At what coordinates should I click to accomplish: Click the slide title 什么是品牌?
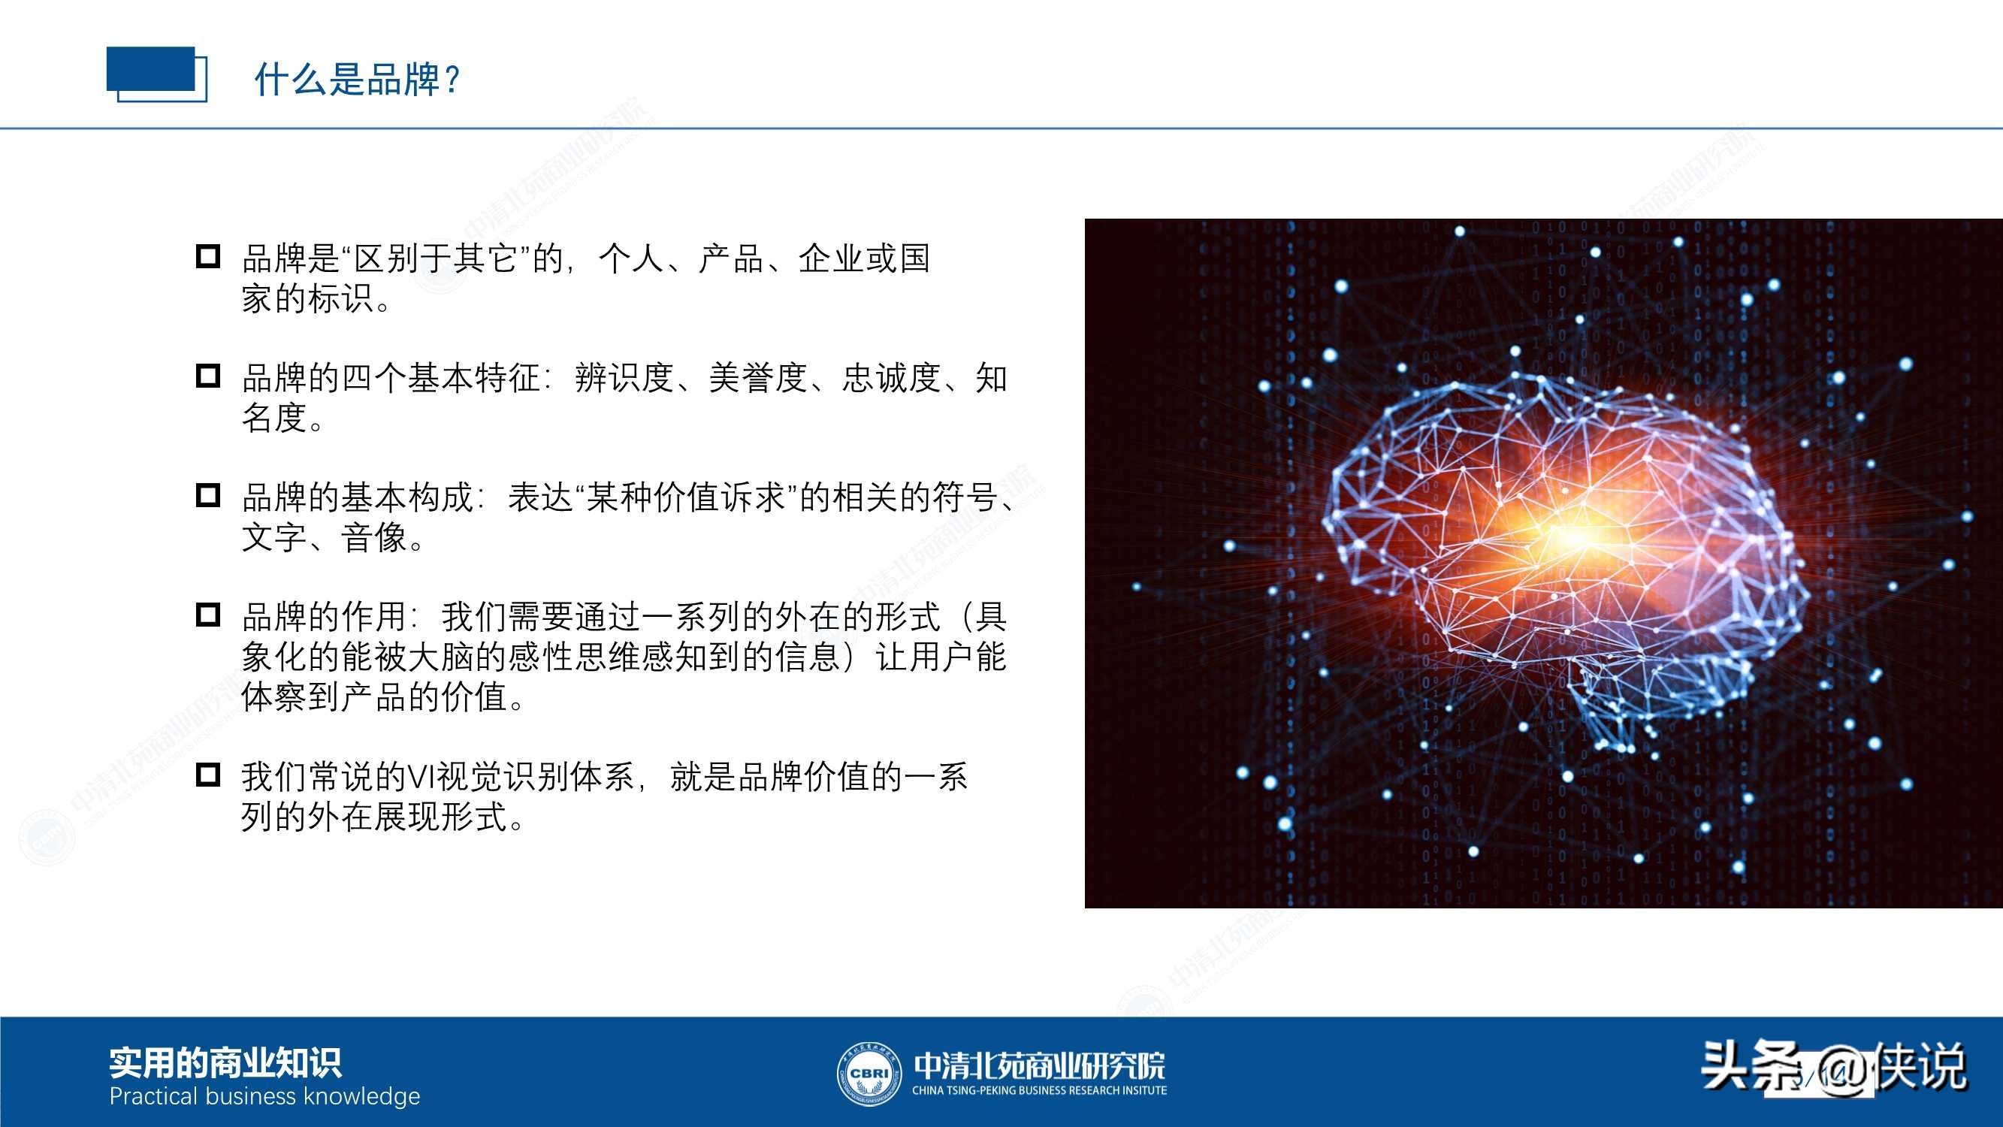pyautogui.click(x=358, y=80)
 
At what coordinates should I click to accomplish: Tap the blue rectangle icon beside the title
pyautogui.click(x=156, y=74)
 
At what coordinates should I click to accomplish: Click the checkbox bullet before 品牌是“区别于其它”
pyautogui.click(x=207, y=257)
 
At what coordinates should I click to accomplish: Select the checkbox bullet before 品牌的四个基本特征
pyautogui.click(x=207, y=376)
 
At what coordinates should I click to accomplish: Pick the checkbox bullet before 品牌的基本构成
pyautogui.click(x=207, y=495)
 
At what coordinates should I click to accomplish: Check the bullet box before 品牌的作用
pyautogui.click(x=207, y=615)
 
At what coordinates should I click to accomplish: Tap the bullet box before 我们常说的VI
pyautogui.click(x=207, y=775)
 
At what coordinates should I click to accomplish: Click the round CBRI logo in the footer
pyautogui.click(x=868, y=1074)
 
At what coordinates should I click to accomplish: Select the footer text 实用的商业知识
pyautogui.click(x=225, y=1063)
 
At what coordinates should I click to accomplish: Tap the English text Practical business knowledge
pyautogui.click(x=264, y=1097)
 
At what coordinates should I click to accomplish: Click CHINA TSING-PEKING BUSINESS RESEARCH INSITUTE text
pyautogui.click(x=1039, y=1090)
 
